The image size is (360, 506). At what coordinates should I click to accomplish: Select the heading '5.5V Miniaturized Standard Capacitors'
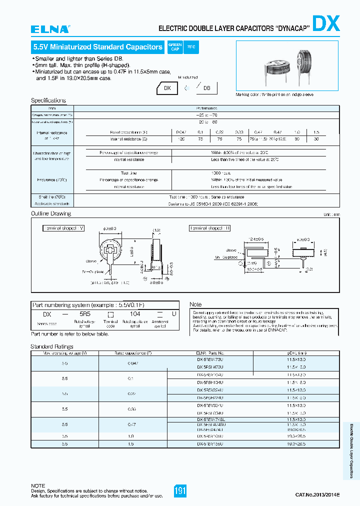tap(97, 47)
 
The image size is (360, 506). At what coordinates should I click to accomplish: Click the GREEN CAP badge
tap(175, 46)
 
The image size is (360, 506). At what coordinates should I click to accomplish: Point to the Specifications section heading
tap(48, 100)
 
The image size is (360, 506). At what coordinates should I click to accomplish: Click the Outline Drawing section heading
tap(51, 213)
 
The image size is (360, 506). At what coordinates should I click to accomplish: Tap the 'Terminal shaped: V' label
tap(63, 228)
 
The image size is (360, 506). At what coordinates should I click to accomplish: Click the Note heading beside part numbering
tap(195, 304)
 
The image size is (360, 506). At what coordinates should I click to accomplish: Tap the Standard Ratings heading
tap(52, 346)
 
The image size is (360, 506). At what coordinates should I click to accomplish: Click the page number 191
tap(180, 491)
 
